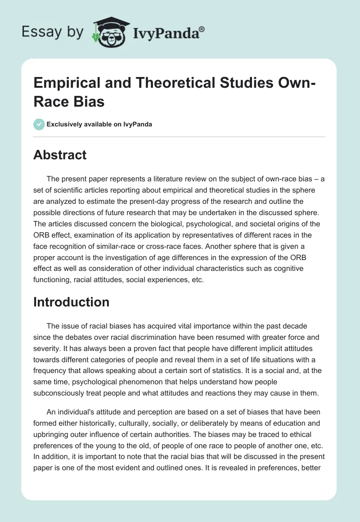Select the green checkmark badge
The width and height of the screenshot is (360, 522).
click(39, 124)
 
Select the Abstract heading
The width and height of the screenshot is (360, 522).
click(60, 155)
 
